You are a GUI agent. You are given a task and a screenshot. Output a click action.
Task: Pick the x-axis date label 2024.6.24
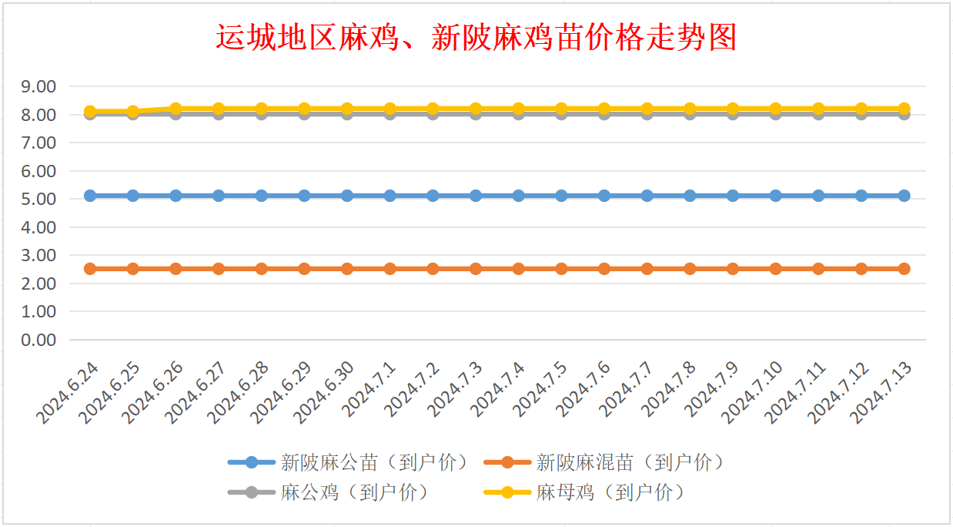[x=69, y=392]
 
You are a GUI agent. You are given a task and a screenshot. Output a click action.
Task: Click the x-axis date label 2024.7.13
[x=882, y=392]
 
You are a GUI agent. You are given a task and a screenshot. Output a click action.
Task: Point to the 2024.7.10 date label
[x=753, y=392]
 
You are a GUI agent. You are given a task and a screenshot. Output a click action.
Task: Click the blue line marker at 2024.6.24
[x=90, y=196]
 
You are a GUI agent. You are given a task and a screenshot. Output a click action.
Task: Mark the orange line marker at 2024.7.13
[x=904, y=269]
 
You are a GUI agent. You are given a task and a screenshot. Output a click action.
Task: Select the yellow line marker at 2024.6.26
[x=176, y=109]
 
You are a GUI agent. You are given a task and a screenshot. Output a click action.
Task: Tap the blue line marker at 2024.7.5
[x=561, y=196]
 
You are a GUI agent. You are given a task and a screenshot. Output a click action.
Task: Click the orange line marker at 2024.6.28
[x=262, y=269]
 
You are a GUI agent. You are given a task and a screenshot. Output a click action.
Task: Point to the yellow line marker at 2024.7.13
[x=904, y=109]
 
